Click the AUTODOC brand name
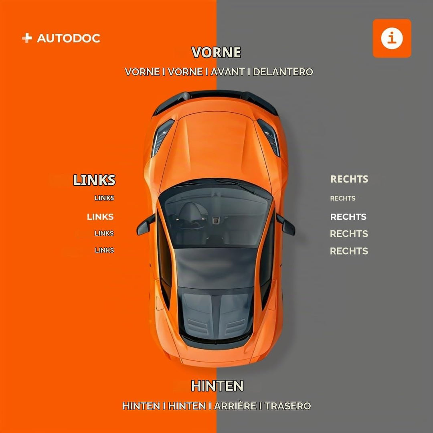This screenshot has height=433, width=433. pyautogui.click(x=69, y=38)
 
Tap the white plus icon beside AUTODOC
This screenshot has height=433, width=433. pyautogui.click(x=27, y=38)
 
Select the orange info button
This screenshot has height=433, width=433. pyautogui.click(x=392, y=38)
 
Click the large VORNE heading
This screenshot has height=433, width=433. pyautogui.click(x=216, y=53)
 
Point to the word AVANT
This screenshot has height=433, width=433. pyautogui.click(x=228, y=72)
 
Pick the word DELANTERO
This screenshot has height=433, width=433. pyautogui.click(x=283, y=72)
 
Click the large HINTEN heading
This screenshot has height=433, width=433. pyautogui.click(x=217, y=386)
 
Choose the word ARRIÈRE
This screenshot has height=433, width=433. pyautogui.click(x=235, y=406)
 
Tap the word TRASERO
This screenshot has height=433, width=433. pyautogui.click(x=288, y=406)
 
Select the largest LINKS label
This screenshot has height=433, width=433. pyautogui.click(x=94, y=180)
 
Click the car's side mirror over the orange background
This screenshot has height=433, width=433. pyautogui.click(x=146, y=225)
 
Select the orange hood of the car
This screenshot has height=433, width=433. pyautogui.click(x=215, y=146)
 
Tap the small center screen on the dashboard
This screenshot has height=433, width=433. pyautogui.click(x=215, y=221)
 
